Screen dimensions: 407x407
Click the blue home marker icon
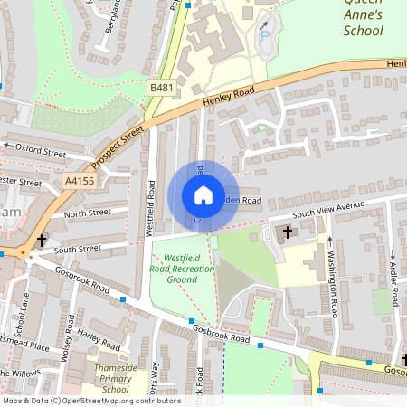(x=203, y=195)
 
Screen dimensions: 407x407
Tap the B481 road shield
(x=162, y=87)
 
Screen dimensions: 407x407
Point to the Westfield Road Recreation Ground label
(x=175, y=261)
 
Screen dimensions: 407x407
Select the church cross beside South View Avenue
(x=289, y=232)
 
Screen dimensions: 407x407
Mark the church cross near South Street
(x=42, y=241)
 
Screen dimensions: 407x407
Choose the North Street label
(x=87, y=213)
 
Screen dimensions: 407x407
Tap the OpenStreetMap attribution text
(x=90, y=401)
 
